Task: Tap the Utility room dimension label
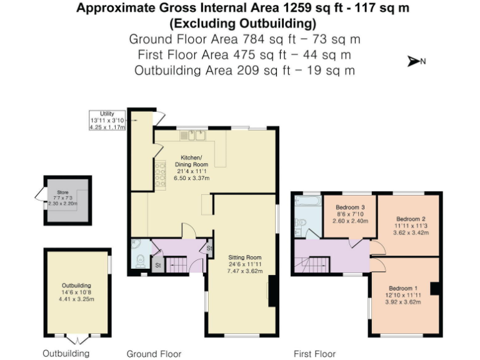[x=107, y=119]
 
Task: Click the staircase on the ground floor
[x=179, y=264]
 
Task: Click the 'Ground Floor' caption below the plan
[x=154, y=354]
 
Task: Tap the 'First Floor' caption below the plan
[x=314, y=354]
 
